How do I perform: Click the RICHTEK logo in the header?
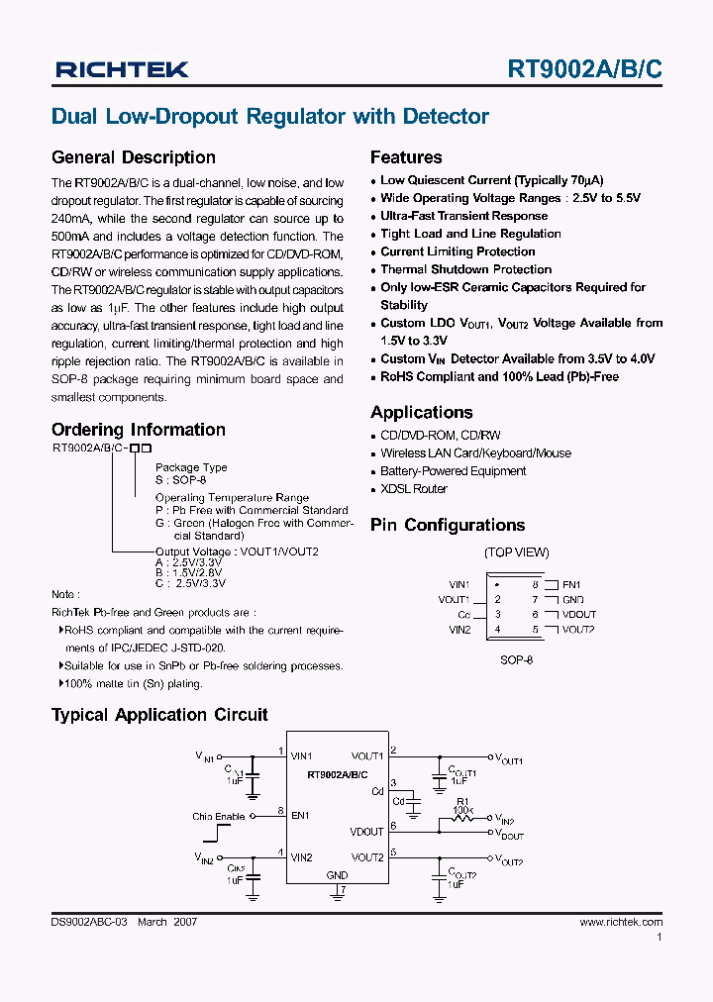coord(122,69)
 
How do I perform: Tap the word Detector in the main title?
coord(446,117)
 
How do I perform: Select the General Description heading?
coord(133,157)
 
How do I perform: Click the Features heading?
coord(406,157)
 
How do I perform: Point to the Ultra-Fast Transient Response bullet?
coord(463,216)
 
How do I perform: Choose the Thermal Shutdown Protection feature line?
coord(465,269)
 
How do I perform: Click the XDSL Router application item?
coord(413,489)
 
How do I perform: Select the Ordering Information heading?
coord(139,430)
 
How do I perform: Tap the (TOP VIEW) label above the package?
coord(516,552)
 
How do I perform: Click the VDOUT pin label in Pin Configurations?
coord(578,615)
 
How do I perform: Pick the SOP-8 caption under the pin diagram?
coord(516,659)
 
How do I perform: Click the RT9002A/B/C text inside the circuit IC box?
coord(337,774)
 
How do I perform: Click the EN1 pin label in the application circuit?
coord(300,816)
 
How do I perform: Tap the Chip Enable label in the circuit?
coord(218,817)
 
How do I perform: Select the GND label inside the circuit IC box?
coord(337,876)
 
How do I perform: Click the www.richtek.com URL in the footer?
coord(621,922)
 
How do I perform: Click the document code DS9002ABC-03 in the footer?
coord(89,922)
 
